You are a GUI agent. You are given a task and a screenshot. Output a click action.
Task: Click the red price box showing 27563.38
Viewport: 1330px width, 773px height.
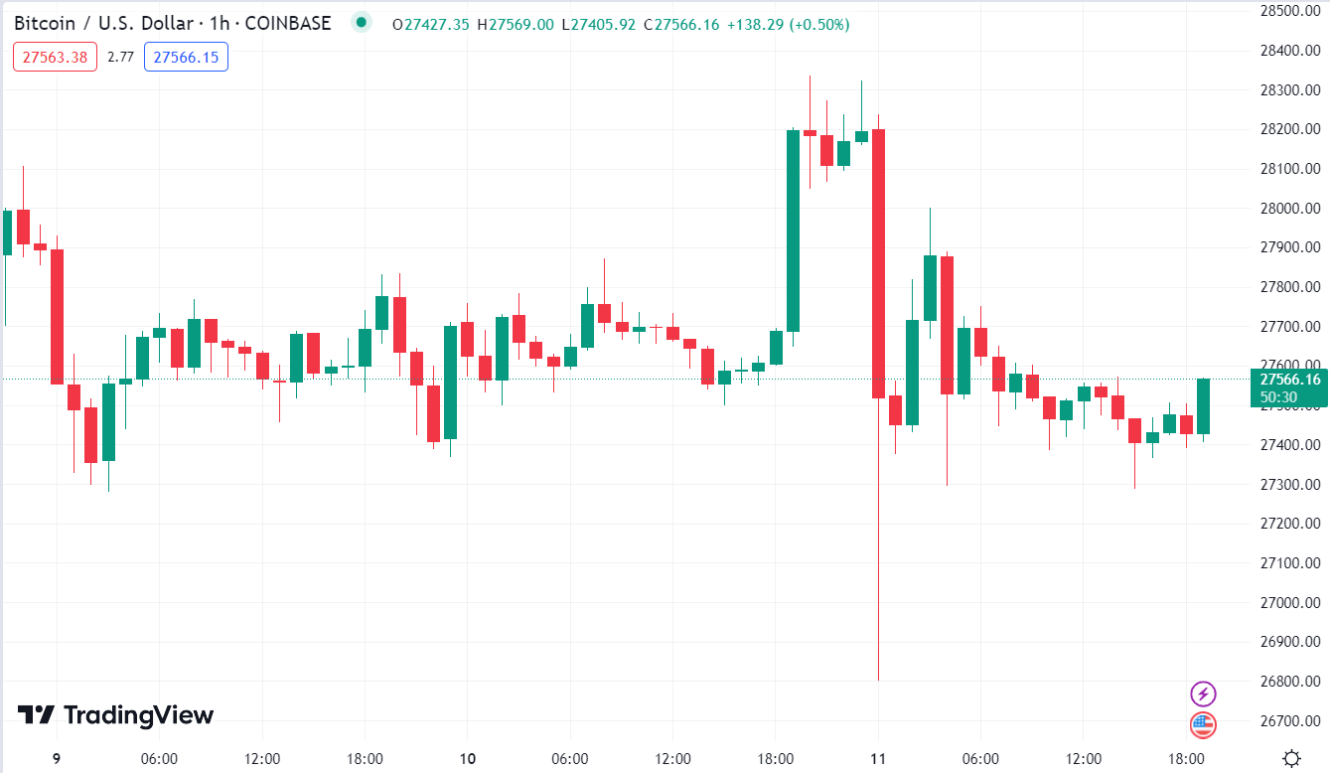pos(55,58)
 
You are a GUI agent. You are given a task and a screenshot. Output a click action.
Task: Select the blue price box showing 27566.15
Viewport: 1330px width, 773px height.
pos(186,58)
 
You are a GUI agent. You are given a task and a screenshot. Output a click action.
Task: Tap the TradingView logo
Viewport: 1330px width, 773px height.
pos(116,715)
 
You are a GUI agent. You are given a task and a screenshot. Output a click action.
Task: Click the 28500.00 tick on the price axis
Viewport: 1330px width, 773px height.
pos(1289,11)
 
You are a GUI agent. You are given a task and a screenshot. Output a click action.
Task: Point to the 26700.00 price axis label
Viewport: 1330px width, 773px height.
pos(1289,720)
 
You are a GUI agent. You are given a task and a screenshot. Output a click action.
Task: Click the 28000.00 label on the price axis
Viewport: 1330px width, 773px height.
pos(1289,208)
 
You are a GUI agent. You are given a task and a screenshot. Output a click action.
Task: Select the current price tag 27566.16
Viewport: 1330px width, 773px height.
pos(1289,379)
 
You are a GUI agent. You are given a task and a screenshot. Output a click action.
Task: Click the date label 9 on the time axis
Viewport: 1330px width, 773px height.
pos(57,759)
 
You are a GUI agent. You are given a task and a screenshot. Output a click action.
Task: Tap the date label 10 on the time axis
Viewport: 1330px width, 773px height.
pos(468,759)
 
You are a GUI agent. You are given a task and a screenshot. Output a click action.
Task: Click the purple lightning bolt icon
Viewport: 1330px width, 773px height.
pos(1203,694)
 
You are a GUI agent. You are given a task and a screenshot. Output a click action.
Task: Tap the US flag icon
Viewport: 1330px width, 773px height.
pos(1203,724)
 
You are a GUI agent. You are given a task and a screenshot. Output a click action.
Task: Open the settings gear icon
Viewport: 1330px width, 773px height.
pos(1291,759)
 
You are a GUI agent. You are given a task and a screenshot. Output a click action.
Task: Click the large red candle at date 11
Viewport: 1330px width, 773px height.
pos(878,263)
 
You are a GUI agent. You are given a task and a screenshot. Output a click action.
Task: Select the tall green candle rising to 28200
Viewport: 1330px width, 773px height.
pos(793,230)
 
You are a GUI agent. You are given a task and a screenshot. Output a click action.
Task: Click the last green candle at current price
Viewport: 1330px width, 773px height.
pos(1204,406)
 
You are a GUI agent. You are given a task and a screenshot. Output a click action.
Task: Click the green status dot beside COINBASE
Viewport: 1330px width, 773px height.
pos(361,23)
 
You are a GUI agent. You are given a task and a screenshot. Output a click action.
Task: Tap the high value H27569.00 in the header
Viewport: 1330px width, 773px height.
pos(516,25)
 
